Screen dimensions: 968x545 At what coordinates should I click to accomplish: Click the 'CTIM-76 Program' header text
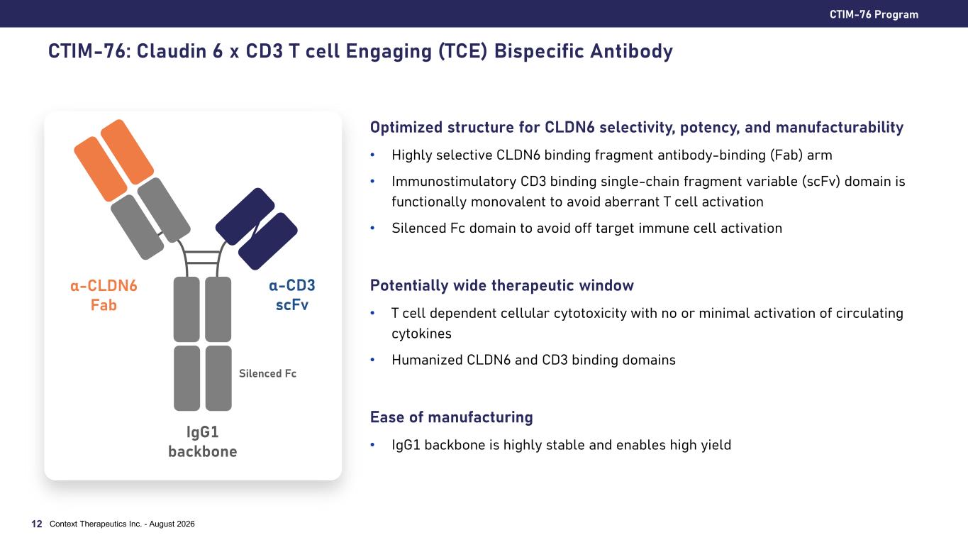pyautogui.click(x=874, y=14)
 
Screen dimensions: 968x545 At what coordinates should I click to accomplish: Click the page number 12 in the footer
pyautogui.click(x=37, y=524)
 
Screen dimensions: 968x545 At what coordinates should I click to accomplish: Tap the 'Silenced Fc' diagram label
pyautogui.click(x=267, y=373)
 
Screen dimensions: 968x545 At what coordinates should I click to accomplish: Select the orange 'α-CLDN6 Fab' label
pyautogui.click(x=104, y=295)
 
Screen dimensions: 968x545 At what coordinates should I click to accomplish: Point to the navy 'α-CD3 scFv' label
pyautogui.click(x=292, y=295)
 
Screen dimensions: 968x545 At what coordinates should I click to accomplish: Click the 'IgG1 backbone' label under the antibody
pyautogui.click(x=203, y=441)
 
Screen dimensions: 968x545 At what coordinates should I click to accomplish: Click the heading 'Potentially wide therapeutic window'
pyautogui.click(x=501, y=285)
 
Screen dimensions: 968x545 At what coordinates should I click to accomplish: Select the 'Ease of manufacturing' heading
pyautogui.click(x=452, y=417)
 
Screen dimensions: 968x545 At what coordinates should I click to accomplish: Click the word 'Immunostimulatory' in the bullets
pyautogui.click(x=454, y=181)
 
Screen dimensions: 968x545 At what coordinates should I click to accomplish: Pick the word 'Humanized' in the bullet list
pyautogui.click(x=427, y=360)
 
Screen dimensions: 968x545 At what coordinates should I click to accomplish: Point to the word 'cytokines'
pyautogui.click(x=421, y=334)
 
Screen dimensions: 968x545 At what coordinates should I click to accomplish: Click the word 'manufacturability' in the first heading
pyautogui.click(x=839, y=128)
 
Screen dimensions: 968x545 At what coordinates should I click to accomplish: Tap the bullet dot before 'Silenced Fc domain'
pyautogui.click(x=372, y=228)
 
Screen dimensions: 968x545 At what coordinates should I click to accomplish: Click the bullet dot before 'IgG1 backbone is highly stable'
pyautogui.click(x=372, y=445)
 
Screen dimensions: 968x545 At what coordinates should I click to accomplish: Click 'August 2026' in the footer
pyautogui.click(x=172, y=524)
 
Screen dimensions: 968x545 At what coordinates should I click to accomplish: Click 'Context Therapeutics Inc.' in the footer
pyautogui.click(x=96, y=524)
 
